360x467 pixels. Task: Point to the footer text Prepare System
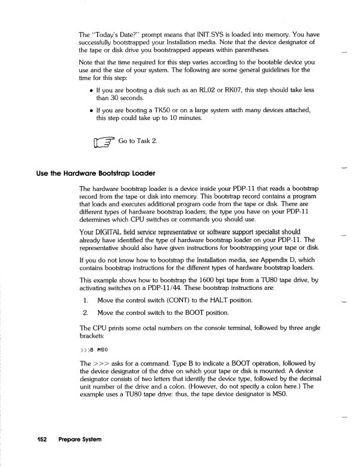(x=79, y=440)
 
